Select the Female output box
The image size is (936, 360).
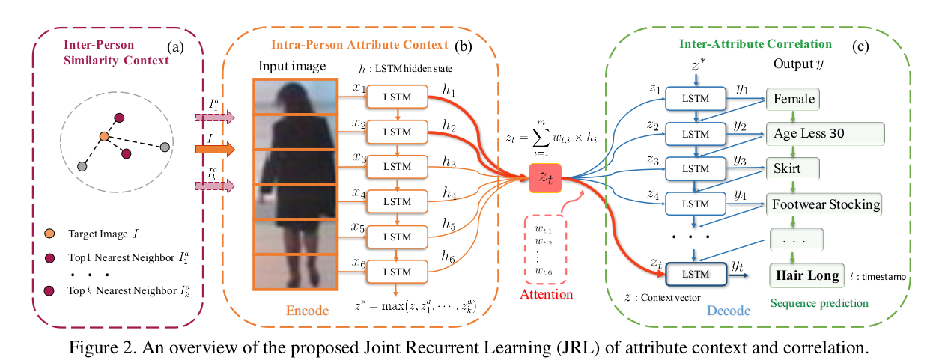point(794,99)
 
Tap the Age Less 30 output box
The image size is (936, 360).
point(824,134)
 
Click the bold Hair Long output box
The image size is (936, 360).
point(807,275)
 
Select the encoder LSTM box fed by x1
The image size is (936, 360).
point(397,97)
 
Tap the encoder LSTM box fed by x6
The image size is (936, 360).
point(397,270)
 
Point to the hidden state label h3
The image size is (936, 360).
point(449,162)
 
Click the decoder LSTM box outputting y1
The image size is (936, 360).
point(696,99)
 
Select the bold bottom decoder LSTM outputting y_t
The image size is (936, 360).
point(696,274)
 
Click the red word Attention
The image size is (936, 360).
point(545,294)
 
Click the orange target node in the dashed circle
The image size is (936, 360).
point(104,137)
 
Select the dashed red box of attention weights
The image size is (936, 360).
point(545,248)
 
